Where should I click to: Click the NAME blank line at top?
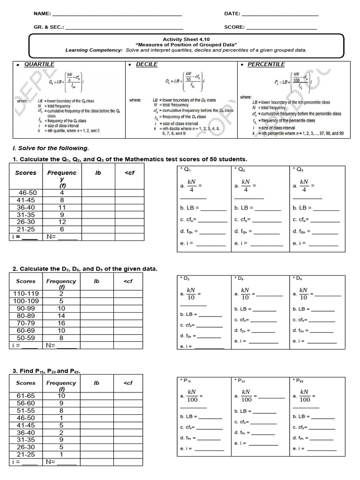[117, 15]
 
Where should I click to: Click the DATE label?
[232, 14]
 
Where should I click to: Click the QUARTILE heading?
[39, 64]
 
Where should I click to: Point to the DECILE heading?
[146, 64]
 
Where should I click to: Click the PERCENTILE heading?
[266, 64]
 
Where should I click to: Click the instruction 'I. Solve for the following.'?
[50, 148]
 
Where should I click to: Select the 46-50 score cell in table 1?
[27, 193]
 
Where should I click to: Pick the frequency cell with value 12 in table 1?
[61, 222]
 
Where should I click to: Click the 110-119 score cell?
[26, 294]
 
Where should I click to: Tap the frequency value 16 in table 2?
[61, 323]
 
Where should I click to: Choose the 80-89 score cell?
[26, 316]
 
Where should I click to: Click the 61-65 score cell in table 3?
[26, 396]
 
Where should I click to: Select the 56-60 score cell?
[26, 403]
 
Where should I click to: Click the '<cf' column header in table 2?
[128, 281]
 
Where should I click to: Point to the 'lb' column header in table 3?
[97, 383]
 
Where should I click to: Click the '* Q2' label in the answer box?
[241, 169]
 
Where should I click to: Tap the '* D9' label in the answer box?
[299, 278]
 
